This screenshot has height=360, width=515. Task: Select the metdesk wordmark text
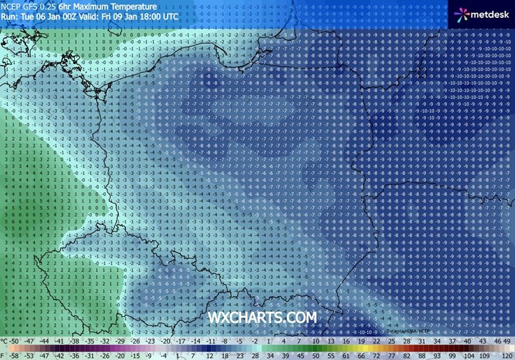(489, 13)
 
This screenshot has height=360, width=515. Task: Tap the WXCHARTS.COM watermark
(264, 317)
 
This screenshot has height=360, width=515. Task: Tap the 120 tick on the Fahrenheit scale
(506, 355)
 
